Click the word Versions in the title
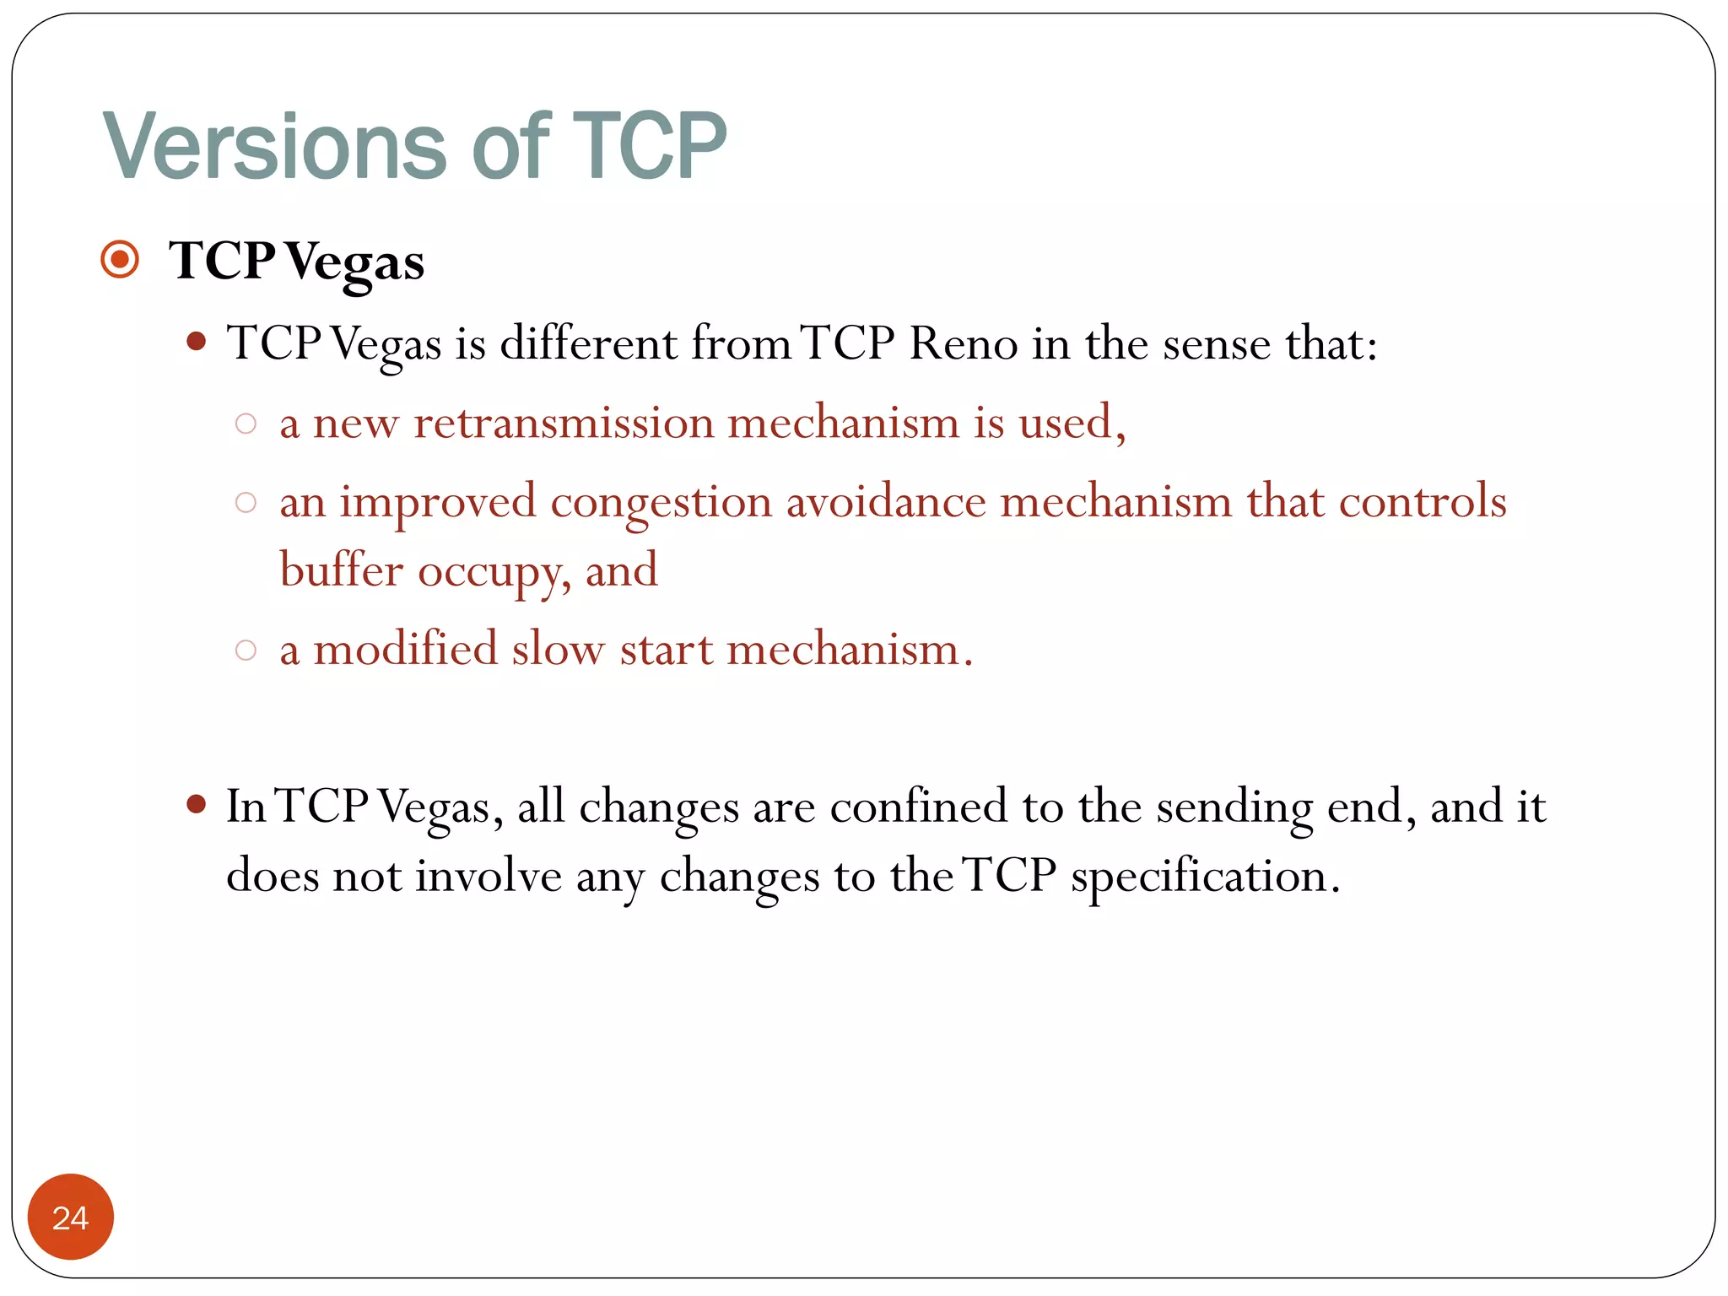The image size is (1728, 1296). click(x=274, y=147)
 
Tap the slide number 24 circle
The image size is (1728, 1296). click(x=70, y=1217)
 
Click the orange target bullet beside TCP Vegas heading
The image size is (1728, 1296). click(x=120, y=259)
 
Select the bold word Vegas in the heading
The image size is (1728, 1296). click(x=354, y=262)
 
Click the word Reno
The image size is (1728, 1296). click(x=963, y=343)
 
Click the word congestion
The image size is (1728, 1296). click(x=661, y=504)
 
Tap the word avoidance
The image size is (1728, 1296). click(x=885, y=502)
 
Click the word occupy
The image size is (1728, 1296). click(x=489, y=573)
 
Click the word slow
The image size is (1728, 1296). click(x=558, y=650)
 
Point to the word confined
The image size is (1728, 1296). click(x=919, y=807)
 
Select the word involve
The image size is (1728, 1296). click(x=488, y=876)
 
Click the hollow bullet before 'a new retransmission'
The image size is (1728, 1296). click(x=246, y=424)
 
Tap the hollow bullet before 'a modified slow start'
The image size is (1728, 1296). click(x=246, y=650)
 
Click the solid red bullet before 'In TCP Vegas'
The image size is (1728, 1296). click(x=197, y=804)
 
